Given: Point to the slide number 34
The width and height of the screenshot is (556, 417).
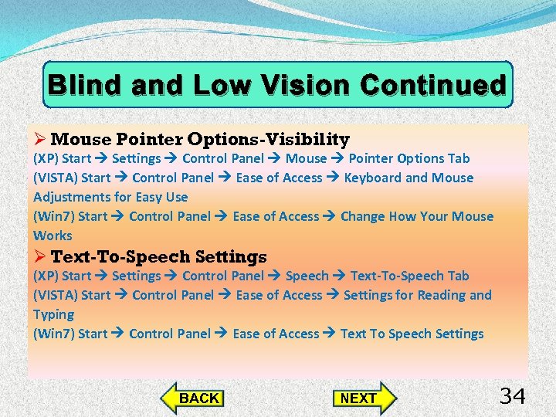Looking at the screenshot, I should [513, 397].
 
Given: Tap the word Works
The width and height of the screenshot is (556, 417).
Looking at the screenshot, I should [53, 236].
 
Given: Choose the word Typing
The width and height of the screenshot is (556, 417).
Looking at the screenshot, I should [53, 314].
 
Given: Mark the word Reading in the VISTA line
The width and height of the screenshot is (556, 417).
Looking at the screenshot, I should [442, 295].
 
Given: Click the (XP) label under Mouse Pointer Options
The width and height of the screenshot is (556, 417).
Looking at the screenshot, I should [46, 158].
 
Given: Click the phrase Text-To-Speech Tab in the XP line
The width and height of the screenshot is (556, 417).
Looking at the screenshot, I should [409, 276].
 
